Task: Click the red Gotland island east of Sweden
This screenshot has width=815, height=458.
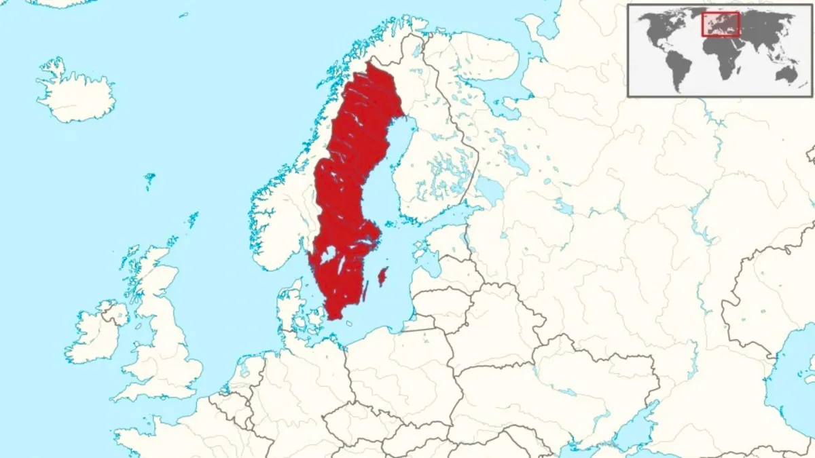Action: (x=382, y=275)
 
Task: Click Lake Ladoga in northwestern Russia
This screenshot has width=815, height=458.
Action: (x=490, y=191)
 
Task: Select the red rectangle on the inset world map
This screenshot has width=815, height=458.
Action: (x=720, y=25)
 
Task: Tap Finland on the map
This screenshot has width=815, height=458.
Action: (x=435, y=163)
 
